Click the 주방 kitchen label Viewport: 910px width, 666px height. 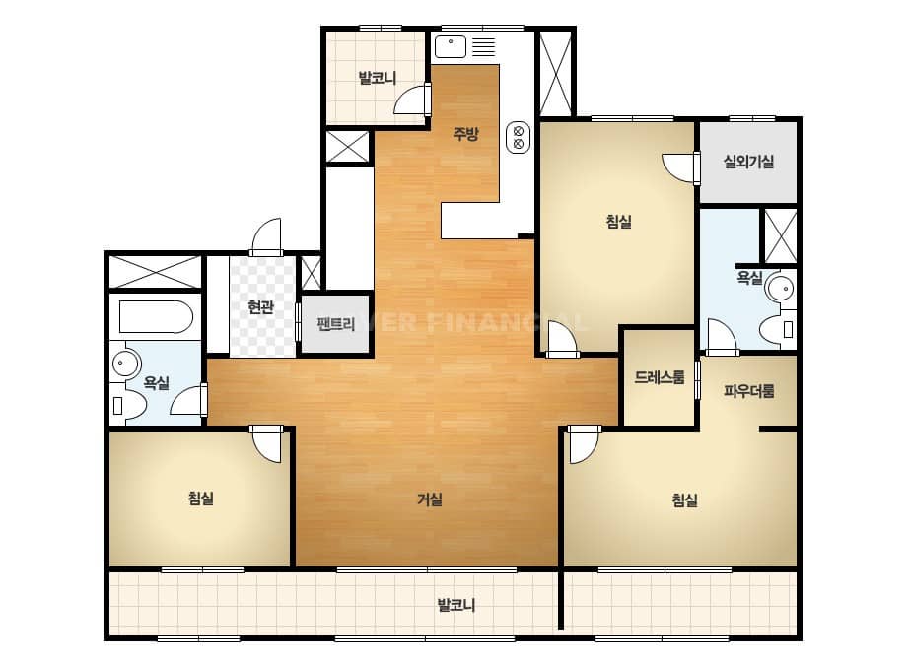point(465,135)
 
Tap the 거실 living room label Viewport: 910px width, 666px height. point(430,499)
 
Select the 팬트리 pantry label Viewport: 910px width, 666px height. point(336,324)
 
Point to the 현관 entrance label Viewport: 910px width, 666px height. point(260,306)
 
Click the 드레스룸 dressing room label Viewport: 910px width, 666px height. point(660,377)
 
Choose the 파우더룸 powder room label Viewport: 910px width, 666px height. point(748,391)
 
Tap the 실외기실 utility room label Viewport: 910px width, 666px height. point(748,162)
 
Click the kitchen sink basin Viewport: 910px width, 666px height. point(451,47)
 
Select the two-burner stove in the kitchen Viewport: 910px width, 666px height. point(519,138)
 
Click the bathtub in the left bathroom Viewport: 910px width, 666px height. point(156,317)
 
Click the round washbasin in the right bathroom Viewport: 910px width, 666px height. point(780,288)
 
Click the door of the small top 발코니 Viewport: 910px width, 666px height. point(413,100)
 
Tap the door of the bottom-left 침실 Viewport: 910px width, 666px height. point(266,443)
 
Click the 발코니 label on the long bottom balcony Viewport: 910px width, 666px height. point(456,606)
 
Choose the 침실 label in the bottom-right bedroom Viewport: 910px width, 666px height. point(685,500)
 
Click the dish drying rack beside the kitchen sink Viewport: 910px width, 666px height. point(483,47)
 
